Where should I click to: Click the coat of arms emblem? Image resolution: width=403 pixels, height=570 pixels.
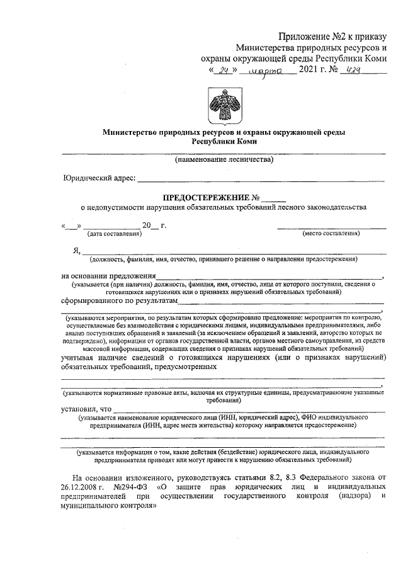tap(224, 104)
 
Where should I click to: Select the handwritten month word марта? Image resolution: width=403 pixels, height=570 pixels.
tap(268, 71)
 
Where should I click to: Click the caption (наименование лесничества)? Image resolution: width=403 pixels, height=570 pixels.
tap(224, 161)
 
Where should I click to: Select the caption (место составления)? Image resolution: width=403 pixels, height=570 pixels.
tap(331, 234)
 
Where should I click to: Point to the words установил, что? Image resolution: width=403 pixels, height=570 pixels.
tap(86, 409)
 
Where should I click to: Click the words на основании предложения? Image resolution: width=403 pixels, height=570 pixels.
tap(108, 275)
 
